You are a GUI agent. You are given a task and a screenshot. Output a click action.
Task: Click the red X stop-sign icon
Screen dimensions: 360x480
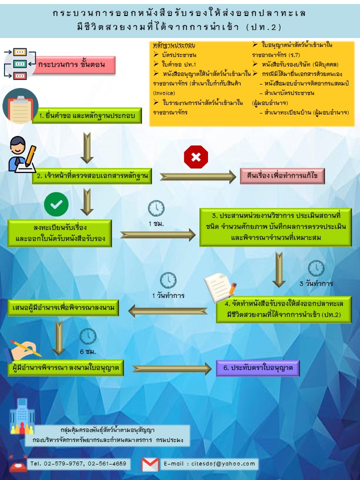(196, 156)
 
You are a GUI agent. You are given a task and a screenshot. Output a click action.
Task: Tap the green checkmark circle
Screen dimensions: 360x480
(56, 204)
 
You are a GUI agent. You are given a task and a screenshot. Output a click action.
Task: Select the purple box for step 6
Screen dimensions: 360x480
(258, 367)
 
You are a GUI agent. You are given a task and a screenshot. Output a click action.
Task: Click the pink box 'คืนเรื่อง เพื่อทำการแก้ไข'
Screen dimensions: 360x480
(282, 175)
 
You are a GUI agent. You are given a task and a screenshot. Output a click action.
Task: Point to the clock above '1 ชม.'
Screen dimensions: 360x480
(156, 208)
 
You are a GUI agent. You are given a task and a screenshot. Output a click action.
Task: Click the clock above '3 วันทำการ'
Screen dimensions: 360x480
(316, 268)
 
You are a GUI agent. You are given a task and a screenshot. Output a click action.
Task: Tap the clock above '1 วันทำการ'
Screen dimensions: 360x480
(168, 280)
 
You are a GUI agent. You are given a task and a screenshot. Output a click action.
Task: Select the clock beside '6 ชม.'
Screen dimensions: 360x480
(88, 336)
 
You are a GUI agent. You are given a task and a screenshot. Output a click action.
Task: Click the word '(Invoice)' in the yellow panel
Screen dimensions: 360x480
(164, 93)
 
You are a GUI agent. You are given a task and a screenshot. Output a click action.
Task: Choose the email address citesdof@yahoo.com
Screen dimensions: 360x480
(223, 463)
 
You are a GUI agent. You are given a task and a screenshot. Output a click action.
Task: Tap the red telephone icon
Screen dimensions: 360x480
(18, 463)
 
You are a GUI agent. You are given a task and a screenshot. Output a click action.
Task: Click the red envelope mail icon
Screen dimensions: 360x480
(150, 464)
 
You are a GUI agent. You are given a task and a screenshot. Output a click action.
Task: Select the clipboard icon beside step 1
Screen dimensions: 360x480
(20, 106)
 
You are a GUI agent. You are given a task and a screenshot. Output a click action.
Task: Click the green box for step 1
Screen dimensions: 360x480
(87, 115)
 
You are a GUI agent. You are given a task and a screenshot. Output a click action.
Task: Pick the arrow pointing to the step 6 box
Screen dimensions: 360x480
(171, 368)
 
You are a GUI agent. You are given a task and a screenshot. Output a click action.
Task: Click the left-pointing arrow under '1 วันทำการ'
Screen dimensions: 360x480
(168, 311)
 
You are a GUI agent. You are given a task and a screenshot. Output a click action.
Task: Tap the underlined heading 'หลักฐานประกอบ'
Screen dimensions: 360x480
(174, 45)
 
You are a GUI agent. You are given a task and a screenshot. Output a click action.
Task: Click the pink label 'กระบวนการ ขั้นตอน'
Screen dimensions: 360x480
(74, 65)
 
